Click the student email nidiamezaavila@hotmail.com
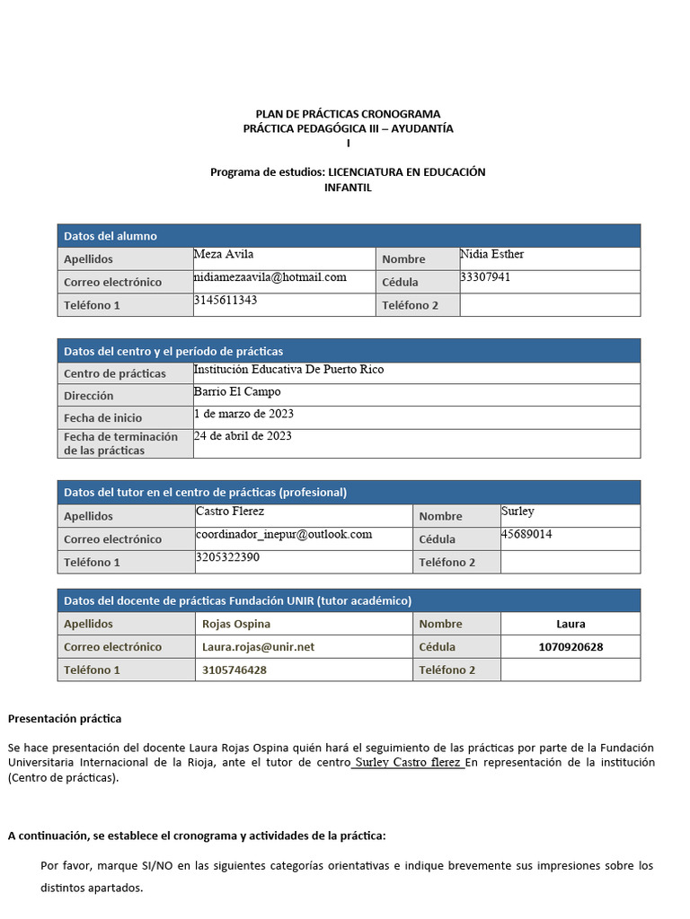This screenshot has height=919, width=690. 270,277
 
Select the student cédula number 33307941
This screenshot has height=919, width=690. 485,277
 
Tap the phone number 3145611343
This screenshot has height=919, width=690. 226,300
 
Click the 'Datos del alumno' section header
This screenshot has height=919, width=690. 111,236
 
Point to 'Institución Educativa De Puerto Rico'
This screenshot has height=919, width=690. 288,370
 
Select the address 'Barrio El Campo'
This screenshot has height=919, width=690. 237,392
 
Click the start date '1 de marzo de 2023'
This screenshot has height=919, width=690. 243,414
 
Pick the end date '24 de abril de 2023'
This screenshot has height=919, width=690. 243,436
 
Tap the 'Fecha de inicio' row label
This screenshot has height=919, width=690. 102,417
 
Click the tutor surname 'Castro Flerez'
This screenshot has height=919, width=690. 231,511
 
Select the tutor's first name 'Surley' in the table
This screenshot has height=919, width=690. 517,511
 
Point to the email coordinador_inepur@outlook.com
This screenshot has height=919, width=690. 284,534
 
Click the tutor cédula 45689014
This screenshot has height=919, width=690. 526,534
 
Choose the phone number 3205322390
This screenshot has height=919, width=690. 228,557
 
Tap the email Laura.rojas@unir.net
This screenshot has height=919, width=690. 259,647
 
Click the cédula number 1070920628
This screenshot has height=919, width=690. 571,647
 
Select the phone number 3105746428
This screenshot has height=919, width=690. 234,670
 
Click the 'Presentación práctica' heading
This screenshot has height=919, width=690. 65,719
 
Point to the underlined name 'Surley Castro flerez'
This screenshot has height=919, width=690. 408,763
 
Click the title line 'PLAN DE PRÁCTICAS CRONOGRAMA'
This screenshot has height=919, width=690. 349,114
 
